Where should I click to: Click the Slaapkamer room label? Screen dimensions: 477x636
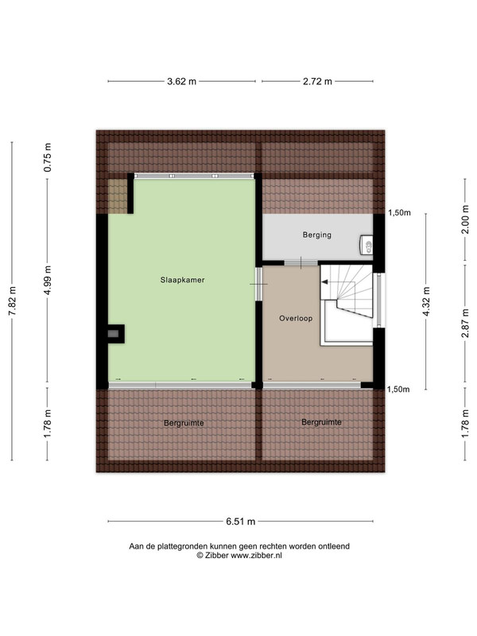[x=182, y=280]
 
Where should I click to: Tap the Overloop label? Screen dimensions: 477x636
[x=296, y=319]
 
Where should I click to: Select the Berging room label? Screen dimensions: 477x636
[x=316, y=235]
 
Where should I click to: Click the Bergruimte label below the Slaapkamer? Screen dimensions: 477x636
[x=184, y=423]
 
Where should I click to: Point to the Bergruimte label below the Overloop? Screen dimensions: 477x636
[x=321, y=422]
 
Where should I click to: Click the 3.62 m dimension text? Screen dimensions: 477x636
[x=182, y=82]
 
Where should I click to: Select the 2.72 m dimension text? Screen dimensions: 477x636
[x=317, y=82]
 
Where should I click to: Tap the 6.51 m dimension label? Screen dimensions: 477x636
[x=241, y=522]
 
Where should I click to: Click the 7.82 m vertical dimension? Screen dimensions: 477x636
[x=12, y=301]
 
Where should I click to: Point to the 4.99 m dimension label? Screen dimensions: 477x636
[x=48, y=281]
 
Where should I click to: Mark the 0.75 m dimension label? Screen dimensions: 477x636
[x=48, y=157]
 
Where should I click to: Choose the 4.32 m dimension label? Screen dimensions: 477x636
[x=426, y=301]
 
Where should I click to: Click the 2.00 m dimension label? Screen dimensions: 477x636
[x=465, y=219]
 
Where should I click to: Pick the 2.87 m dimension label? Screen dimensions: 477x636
[x=465, y=323]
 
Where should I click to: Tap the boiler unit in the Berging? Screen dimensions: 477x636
[x=366, y=246]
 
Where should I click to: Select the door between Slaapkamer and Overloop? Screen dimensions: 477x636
[x=259, y=284]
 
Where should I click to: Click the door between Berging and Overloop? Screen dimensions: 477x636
[x=301, y=263]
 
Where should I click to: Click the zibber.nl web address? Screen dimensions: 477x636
[x=256, y=556]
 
